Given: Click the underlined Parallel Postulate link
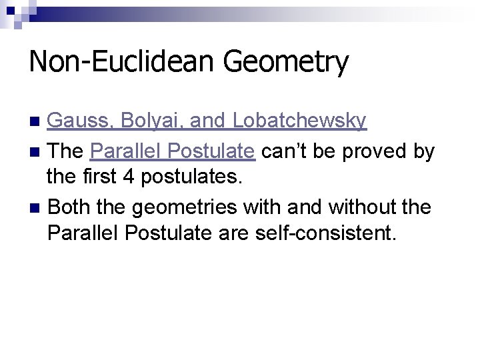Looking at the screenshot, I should click(172, 151).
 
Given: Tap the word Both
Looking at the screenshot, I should click(69, 207).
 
